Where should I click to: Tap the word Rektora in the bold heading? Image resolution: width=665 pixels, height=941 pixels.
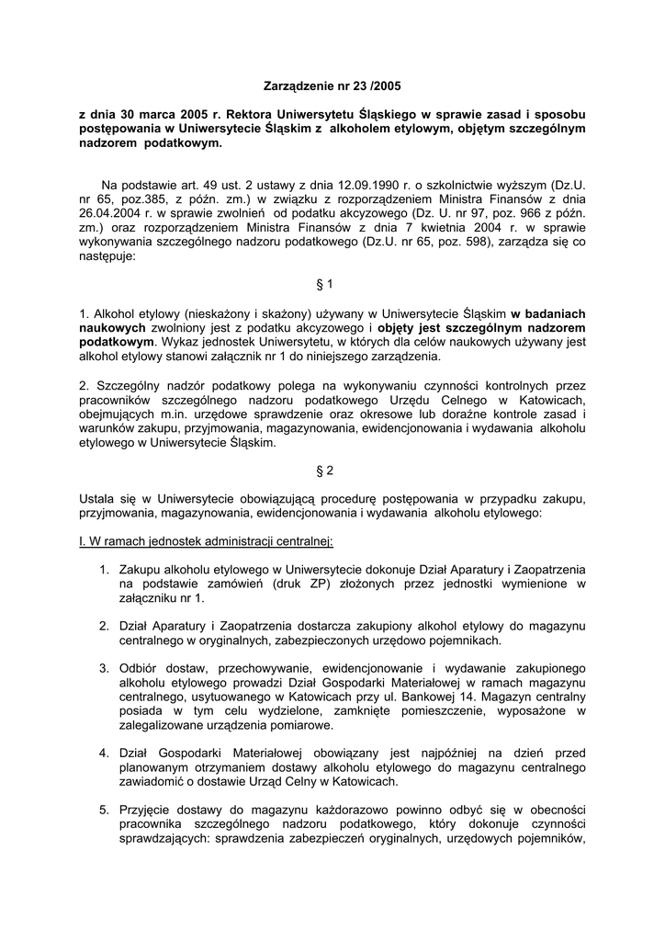[x=244, y=115]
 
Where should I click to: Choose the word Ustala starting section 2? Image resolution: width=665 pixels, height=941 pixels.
[x=98, y=499]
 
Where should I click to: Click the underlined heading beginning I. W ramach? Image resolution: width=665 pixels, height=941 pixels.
[x=206, y=541]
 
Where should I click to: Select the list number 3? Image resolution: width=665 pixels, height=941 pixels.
[x=105, y=668]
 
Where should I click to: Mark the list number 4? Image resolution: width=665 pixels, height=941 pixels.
[x=105, y=753]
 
